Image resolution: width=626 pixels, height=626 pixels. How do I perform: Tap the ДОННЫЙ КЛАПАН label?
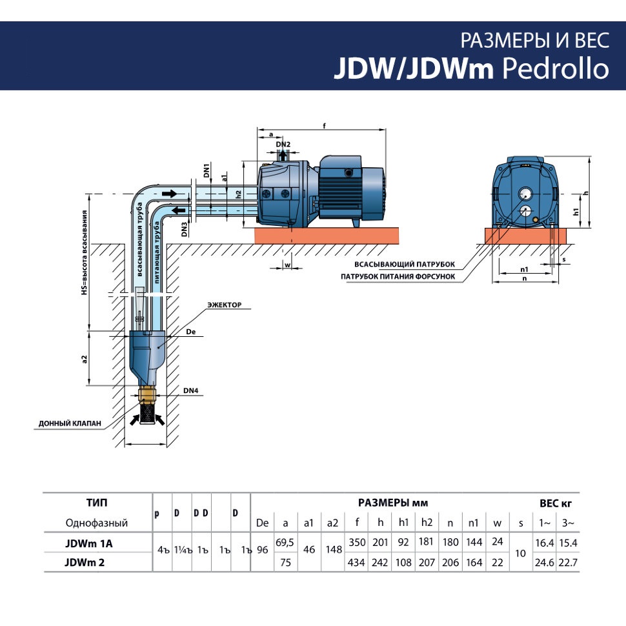point(70,423)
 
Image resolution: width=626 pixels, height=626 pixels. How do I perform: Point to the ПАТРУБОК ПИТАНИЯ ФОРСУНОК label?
point(399,277)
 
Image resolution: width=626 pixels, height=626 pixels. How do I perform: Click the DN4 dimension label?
point(191,390)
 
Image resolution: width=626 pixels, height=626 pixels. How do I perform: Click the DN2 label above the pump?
point(283,144)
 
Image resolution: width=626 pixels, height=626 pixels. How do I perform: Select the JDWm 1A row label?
point(88,543)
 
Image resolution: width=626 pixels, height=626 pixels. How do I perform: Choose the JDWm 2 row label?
point(85,562)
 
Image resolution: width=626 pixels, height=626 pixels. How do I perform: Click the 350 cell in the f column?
point(357,543)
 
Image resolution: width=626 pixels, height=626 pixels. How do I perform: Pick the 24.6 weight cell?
point(543,562)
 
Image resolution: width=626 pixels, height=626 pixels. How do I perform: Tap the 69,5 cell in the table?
point(285,543)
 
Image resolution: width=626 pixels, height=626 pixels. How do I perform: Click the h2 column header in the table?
point(426,523)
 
